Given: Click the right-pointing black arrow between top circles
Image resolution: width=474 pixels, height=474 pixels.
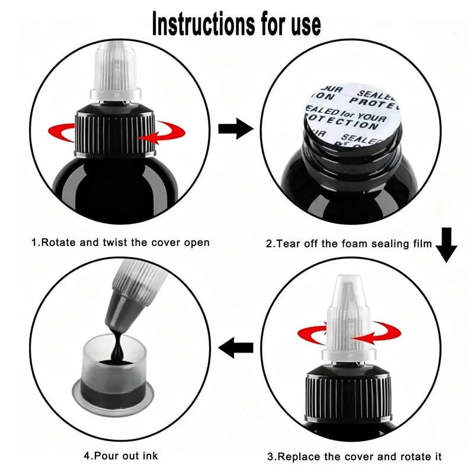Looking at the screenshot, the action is click(236, 129).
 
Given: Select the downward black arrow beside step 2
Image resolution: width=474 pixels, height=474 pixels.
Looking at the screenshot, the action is click(446, 245).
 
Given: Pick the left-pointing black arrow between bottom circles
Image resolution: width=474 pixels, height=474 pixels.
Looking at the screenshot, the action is click(236, 348).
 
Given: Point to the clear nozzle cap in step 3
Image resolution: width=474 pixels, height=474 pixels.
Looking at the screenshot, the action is click(349, 319).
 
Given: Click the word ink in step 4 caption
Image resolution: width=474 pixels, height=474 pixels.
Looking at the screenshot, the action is click(150, 456).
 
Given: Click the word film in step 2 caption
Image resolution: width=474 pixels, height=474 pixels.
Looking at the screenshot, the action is click(422, 244).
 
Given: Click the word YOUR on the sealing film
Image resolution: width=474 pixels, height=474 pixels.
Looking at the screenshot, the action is click(372, 117).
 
